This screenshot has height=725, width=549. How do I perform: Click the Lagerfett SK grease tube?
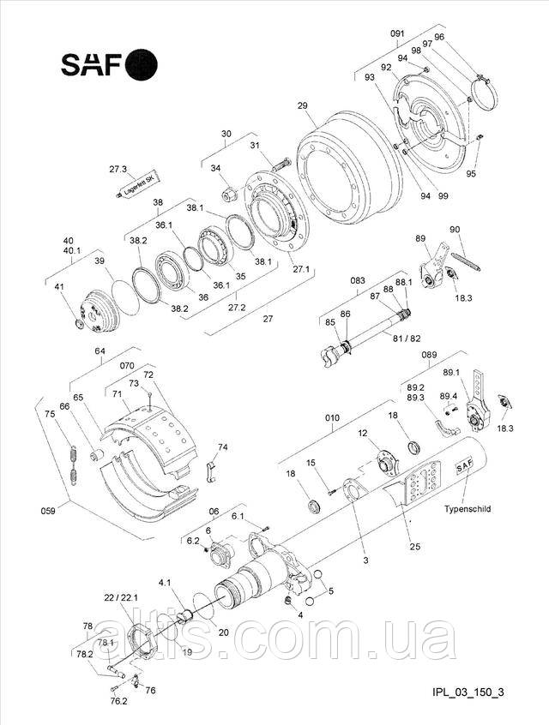click(x=138, y=185)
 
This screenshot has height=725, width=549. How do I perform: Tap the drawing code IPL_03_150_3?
click(x=468, y=692)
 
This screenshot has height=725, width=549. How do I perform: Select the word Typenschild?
click(x=468, y=508)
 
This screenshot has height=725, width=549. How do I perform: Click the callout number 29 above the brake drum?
click(x=302, y=105)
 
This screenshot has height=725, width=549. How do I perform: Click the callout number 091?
click(x=397, y=33)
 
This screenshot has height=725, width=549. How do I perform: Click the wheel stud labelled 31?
click(x=281, y=165)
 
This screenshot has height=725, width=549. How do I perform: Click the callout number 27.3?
click(x=118, y=169)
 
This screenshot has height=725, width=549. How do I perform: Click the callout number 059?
click(x=48, y=511)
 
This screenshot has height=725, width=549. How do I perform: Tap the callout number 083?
click(x=358, y=280)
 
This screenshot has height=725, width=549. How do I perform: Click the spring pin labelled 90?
click(x=465, y=255)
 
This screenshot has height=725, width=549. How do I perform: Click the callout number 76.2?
click(x=118, y=701)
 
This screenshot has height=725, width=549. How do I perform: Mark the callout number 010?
click(x=332, y=418)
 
